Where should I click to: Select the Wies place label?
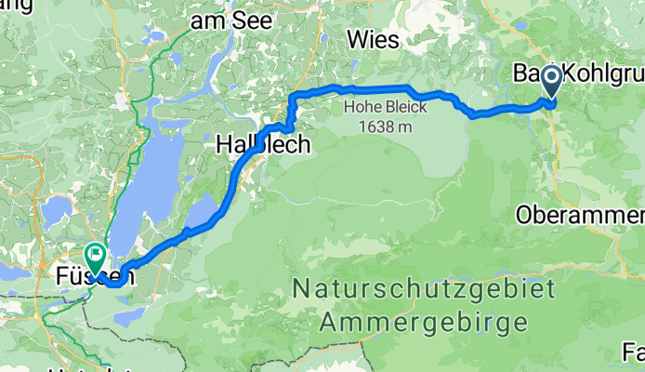click(x=373, y=40)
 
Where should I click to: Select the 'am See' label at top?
click(x=222, y=20)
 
